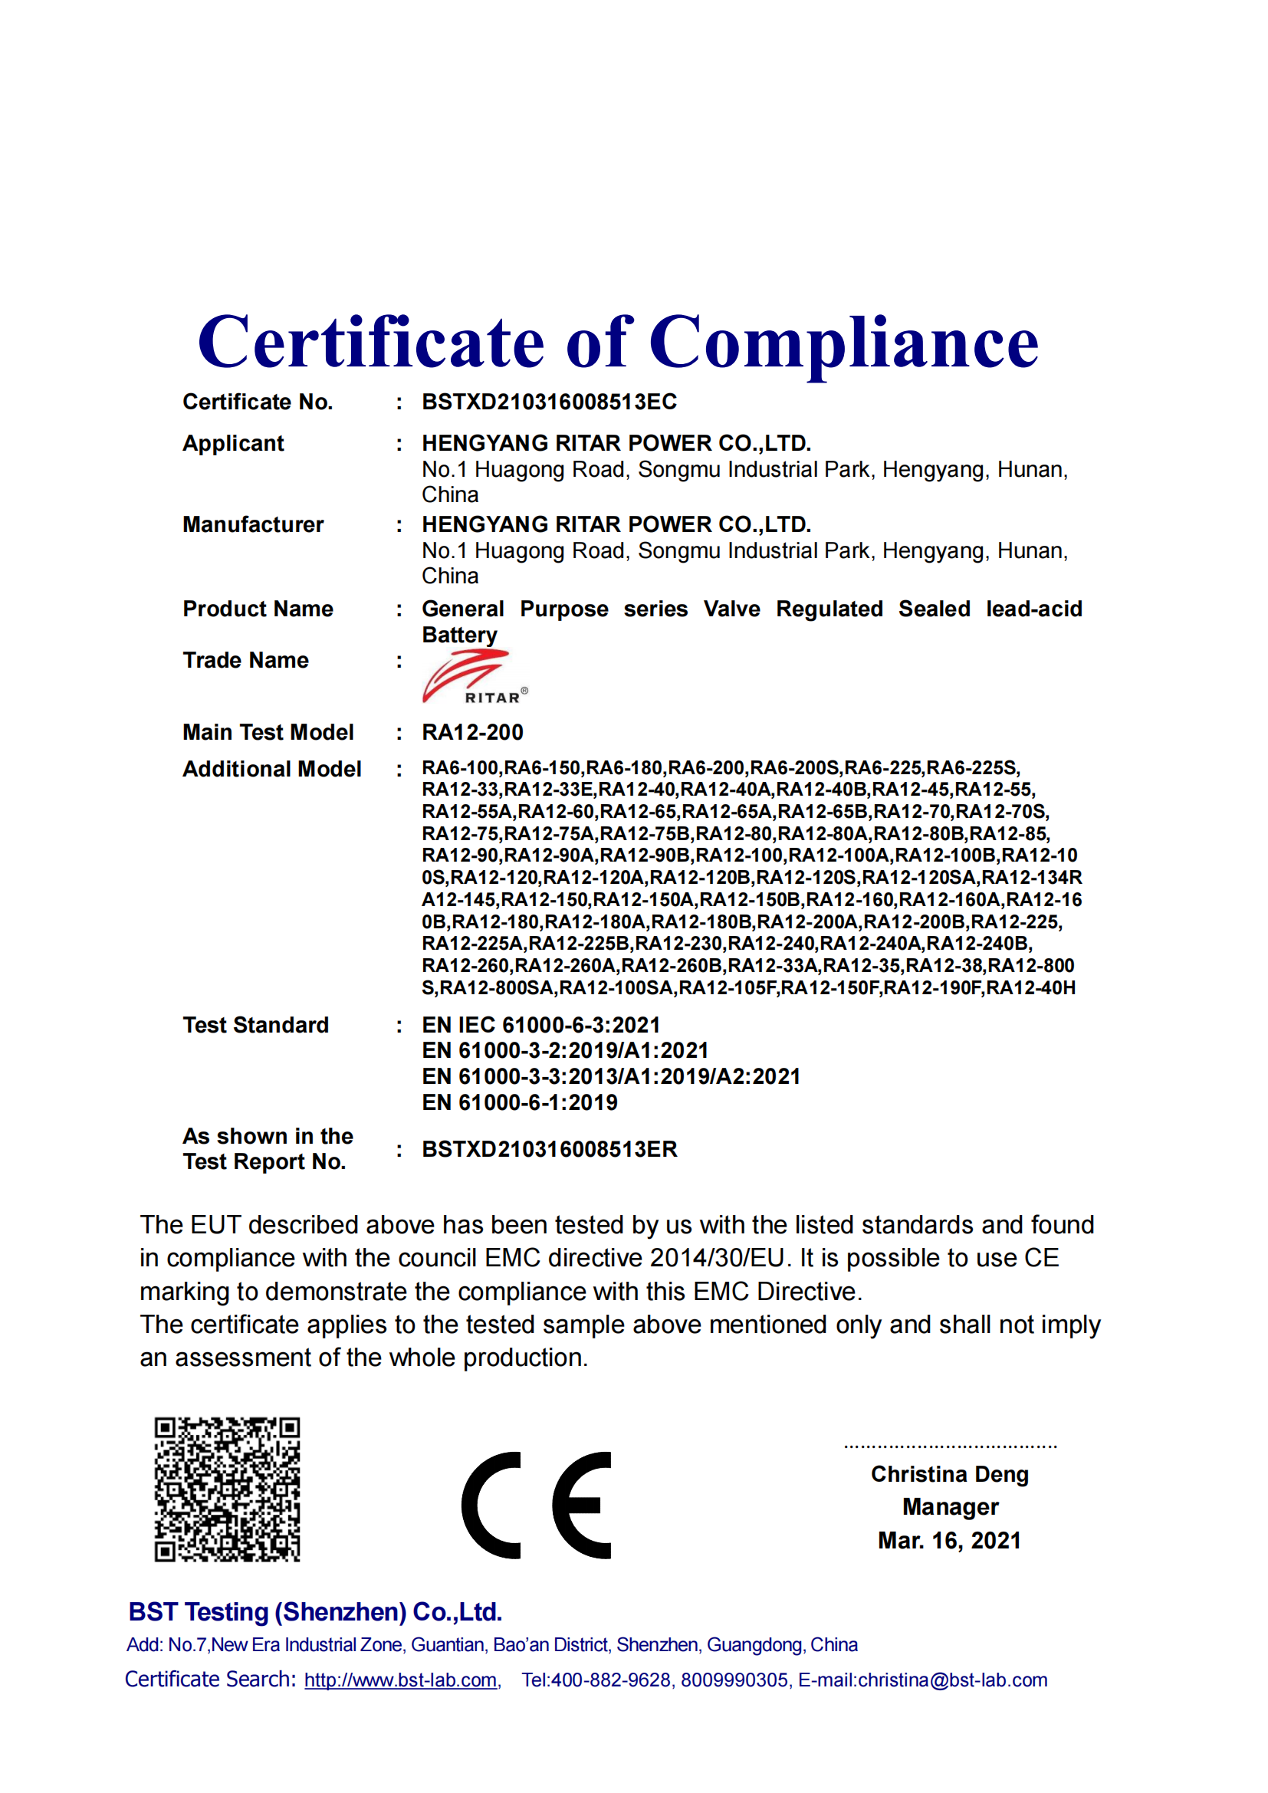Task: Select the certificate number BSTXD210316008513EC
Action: click(x=549, y=402)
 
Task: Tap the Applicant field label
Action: click(x=233, y=444)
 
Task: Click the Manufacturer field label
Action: click(x=253, y=525)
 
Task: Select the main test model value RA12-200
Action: click(x=472, y=733)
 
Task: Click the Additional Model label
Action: click(x=271, y=769)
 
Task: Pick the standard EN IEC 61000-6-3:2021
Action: click(x=541, y=1026)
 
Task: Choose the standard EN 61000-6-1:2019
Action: click(x=519, y=1102)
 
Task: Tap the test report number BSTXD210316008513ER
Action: click(x=549, y=1150)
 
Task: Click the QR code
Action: click(x=227, y=1489)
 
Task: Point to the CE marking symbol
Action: click(x=537, y=1505)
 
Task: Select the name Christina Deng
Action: click(x=949, y=1474)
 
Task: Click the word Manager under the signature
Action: click(x=950, y=1507)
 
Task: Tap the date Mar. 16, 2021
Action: click(x=949, y=1541)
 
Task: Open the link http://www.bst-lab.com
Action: click(x=400, y=1680)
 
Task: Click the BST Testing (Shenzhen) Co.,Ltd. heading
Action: click(x=314, y=1612)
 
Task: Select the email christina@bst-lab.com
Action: click(x=952, y=1680)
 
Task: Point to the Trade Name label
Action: click(x=245, y=661)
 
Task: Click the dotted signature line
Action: click(x=950, y=1447)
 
